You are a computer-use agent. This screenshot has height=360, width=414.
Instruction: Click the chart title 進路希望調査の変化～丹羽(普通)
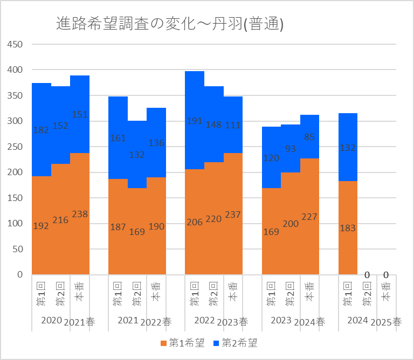click(170, 24)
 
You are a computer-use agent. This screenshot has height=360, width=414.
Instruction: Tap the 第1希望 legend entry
click(183, 343)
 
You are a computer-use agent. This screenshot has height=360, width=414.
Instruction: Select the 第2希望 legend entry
click(236, 343)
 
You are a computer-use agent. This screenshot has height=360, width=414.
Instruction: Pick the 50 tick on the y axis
click(17, 249)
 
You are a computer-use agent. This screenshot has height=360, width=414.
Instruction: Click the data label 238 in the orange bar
click(80, 214)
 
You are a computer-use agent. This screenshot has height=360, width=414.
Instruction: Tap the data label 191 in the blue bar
click(195, 121)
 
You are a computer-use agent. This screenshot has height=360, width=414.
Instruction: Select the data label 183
click(348, 228)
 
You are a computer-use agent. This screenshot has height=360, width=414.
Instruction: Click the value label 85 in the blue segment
click(309, 137)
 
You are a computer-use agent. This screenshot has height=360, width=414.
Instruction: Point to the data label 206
click(195, 221)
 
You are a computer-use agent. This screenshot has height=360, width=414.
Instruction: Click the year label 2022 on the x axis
click(204, 321)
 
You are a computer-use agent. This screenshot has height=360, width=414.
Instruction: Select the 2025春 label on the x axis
click(387, 322)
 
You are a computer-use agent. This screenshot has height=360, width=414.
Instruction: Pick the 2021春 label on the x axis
click(79, 322)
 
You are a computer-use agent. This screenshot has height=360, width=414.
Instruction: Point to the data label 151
click(80, 114)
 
